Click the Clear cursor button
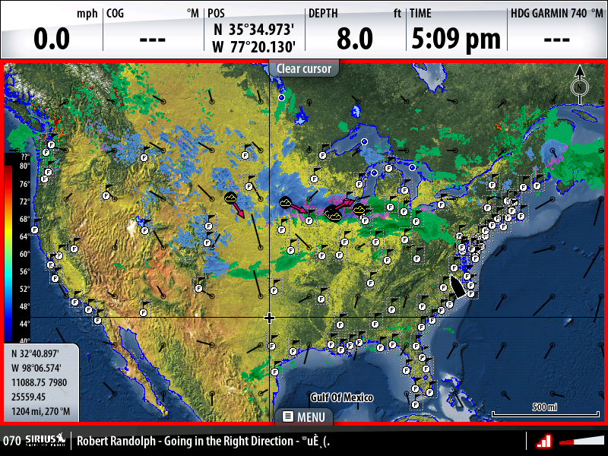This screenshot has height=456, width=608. tap(303, 68)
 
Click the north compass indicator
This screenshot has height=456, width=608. tap(579, 86)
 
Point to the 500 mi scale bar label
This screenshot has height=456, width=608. tap(544, 407)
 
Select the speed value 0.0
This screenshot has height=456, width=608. tap(52, 39)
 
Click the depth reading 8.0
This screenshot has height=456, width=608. tap(355, 39)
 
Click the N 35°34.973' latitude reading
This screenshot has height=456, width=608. tap(254, 29)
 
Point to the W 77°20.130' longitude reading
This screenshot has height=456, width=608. tap(254, 47)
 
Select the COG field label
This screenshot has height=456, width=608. tap(116, 13)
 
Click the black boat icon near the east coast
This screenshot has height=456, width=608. tap(458, 286)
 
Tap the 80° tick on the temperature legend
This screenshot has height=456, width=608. tap(24, 166)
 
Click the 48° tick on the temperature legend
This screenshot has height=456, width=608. tap(24, 306)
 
